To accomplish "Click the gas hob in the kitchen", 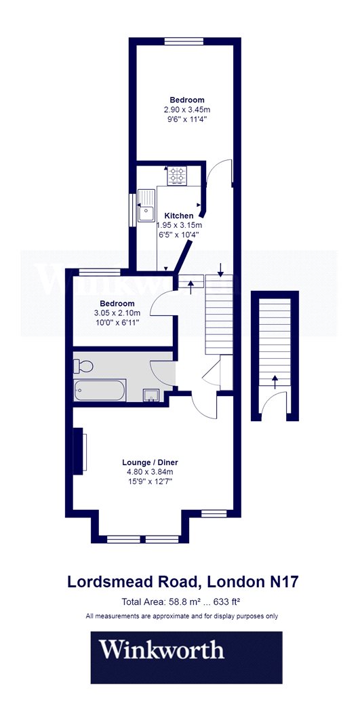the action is (x=177, y=176).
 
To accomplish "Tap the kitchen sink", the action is (x=146, y=205).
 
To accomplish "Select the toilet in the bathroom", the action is (x=83, y=365).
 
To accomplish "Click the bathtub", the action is (x=100, y=391).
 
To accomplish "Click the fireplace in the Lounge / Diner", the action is (x=80, y=451).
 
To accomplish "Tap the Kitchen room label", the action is (x=179, y=216).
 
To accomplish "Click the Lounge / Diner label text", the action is (x=150, y=462).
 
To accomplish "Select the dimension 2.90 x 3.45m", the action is (x=187, y=110).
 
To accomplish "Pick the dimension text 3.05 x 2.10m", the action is (x=117, y=313).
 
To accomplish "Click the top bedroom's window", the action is (x=183, y=42).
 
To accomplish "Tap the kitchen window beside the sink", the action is (x=133, y=209).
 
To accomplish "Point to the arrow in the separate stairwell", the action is (x=274, y=382).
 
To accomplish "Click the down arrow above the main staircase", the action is (x=220, y=270).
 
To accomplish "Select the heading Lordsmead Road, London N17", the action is (x=183, y=582).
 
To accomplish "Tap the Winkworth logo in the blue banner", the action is (x=161, y=650).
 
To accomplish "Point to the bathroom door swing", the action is (x=162, y=372).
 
